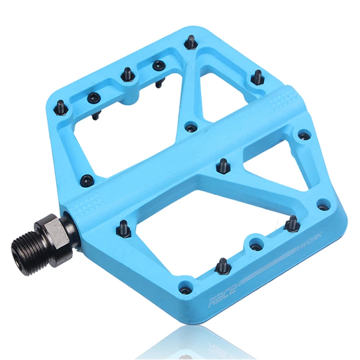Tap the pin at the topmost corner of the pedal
pyautogui.click(x=190, y=43)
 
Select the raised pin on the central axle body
pyautogui.click(x=222, y=165)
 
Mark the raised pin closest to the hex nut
pyautogui.click(x=124, y=227)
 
